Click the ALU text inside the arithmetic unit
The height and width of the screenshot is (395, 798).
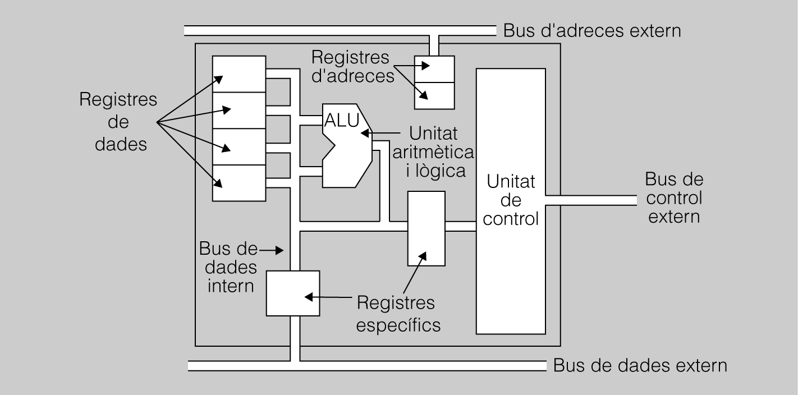pos(341,120)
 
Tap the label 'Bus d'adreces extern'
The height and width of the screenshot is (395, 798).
pos(592,30)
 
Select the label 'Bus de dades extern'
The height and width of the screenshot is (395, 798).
pos(640,366)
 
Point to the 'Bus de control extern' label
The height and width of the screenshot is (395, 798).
pos(674,198)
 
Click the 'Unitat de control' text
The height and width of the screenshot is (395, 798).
pos(511,200)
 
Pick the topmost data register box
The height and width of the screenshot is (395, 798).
pos(239,74)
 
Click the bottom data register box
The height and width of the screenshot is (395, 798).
pos(239,182)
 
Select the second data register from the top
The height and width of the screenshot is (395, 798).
pos(239,110)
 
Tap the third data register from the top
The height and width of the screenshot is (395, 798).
pos(239,146)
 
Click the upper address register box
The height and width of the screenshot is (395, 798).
pos(434,68)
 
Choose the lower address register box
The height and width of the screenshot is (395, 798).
pos(434,95)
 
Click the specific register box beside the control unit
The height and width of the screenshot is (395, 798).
pos(426,228)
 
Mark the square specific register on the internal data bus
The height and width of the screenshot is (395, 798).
pos(293,293)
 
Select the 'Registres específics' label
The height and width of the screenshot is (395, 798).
pos(398,314)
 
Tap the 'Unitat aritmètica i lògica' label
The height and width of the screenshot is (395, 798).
pos(437,152)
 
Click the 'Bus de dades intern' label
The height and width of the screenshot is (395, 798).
pos(230,267)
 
